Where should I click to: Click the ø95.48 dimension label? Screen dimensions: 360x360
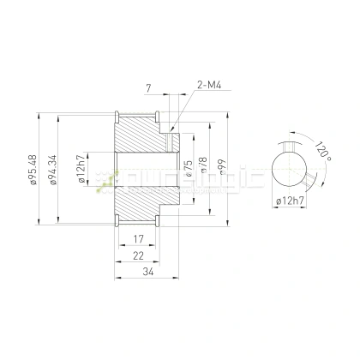(32, 169)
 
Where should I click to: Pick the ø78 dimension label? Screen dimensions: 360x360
(203, 167)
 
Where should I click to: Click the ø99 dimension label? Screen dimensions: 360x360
(223, 168)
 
